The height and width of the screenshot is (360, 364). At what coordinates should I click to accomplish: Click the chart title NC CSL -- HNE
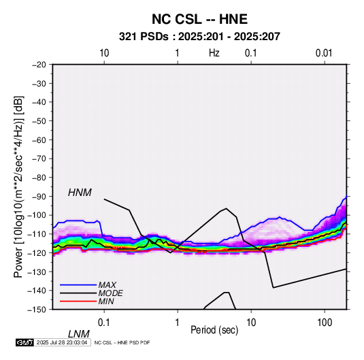click(199, 19)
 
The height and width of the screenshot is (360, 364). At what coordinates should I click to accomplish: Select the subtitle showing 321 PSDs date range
click(199, 37)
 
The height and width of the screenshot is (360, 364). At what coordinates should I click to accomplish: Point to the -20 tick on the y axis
click(39, 65)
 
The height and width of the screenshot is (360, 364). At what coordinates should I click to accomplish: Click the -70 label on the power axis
click(39, 159)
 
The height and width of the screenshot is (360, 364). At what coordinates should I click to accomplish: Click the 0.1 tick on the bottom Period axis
click(104, 323)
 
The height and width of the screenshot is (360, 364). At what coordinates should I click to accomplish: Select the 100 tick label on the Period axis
click(325, 323)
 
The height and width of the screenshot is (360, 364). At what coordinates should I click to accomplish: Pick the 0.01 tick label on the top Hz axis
click(324, 53)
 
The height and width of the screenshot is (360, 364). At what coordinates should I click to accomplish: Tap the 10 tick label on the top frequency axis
click(104, 53)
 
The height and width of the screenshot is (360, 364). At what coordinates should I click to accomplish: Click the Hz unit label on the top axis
click(214, 53)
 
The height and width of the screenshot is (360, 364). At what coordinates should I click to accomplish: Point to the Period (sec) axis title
click(214, 330)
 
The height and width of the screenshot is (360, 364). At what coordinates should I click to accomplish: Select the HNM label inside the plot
click(80, 193)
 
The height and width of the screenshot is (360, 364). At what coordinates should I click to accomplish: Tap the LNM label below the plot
click(79, 334)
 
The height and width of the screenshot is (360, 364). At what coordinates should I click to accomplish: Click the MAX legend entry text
click(107, 284)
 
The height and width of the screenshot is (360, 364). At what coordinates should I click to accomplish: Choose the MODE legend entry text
click(110, 293)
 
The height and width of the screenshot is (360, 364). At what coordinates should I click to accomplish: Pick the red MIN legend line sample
click(78, 301)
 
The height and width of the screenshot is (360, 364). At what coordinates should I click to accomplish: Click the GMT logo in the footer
click(25, 342)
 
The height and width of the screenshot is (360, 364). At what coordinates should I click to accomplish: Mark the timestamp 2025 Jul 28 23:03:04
click(62, 342)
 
